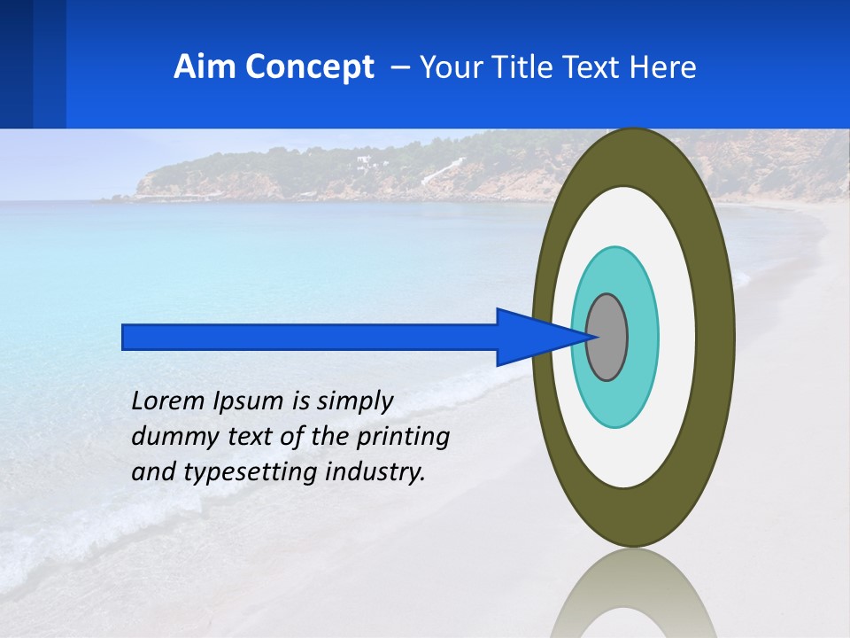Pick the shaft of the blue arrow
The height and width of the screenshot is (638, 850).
click(310, 337)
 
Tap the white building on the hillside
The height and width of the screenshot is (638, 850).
click(363, 161)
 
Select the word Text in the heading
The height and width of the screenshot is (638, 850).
click(597, 67)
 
